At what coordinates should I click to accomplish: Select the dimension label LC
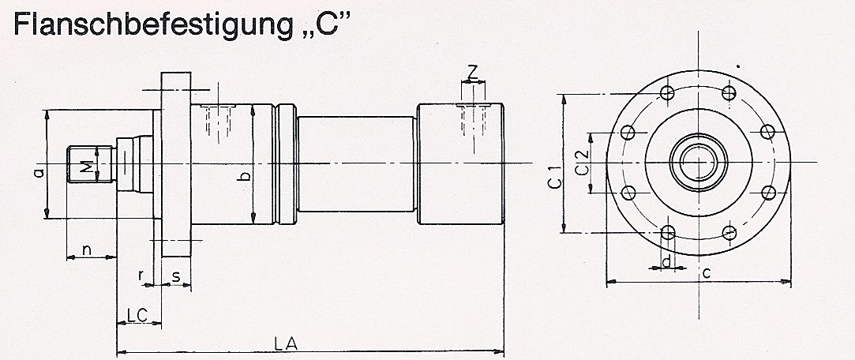point(138,314)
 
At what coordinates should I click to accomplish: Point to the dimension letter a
point(39,171)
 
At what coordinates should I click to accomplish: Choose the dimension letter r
point(141,276)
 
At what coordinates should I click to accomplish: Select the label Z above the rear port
point(471,73)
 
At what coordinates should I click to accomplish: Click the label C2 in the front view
point(581,163)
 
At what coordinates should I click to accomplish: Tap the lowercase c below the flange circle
point(707,272)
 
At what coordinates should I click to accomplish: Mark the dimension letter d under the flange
point(667,261)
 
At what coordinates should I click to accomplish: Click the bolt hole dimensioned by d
point(668,232)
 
